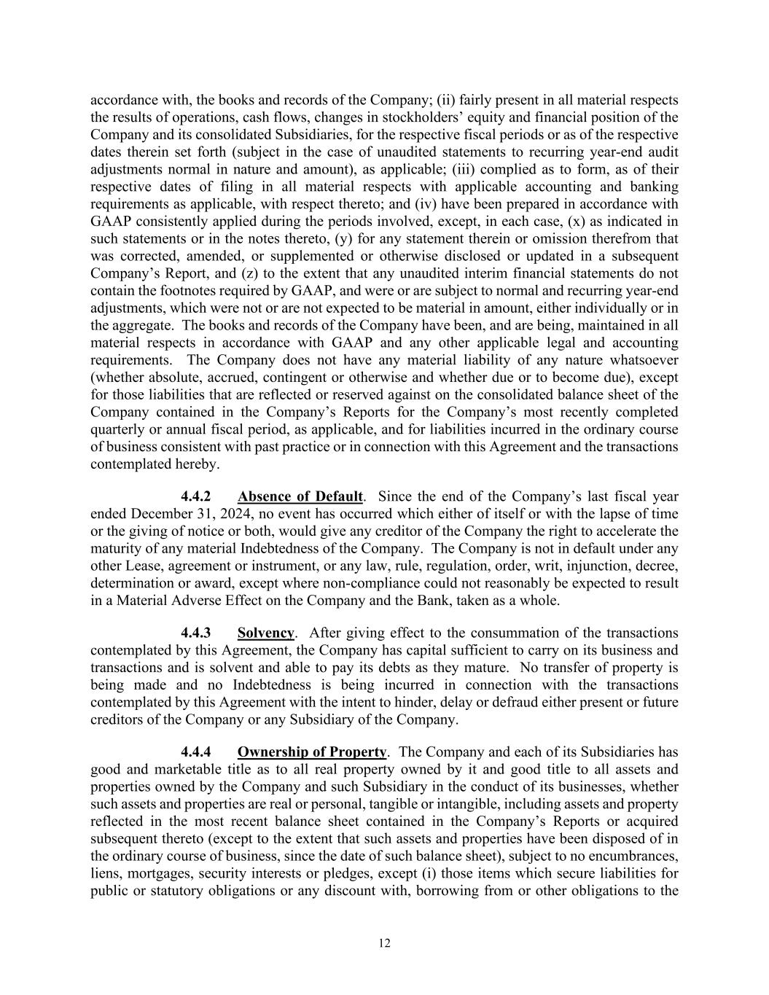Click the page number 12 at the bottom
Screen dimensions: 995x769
[x=384, y=943]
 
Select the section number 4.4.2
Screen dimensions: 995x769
[x=196, y=496]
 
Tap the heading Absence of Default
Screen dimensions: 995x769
[x=300, y=496]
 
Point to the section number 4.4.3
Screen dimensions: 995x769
[x=196, y=633]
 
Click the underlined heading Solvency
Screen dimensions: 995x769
[x=265, y=633]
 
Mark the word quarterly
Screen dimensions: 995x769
[x=117, y=429]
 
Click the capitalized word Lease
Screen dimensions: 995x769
[x=145, y=566]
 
